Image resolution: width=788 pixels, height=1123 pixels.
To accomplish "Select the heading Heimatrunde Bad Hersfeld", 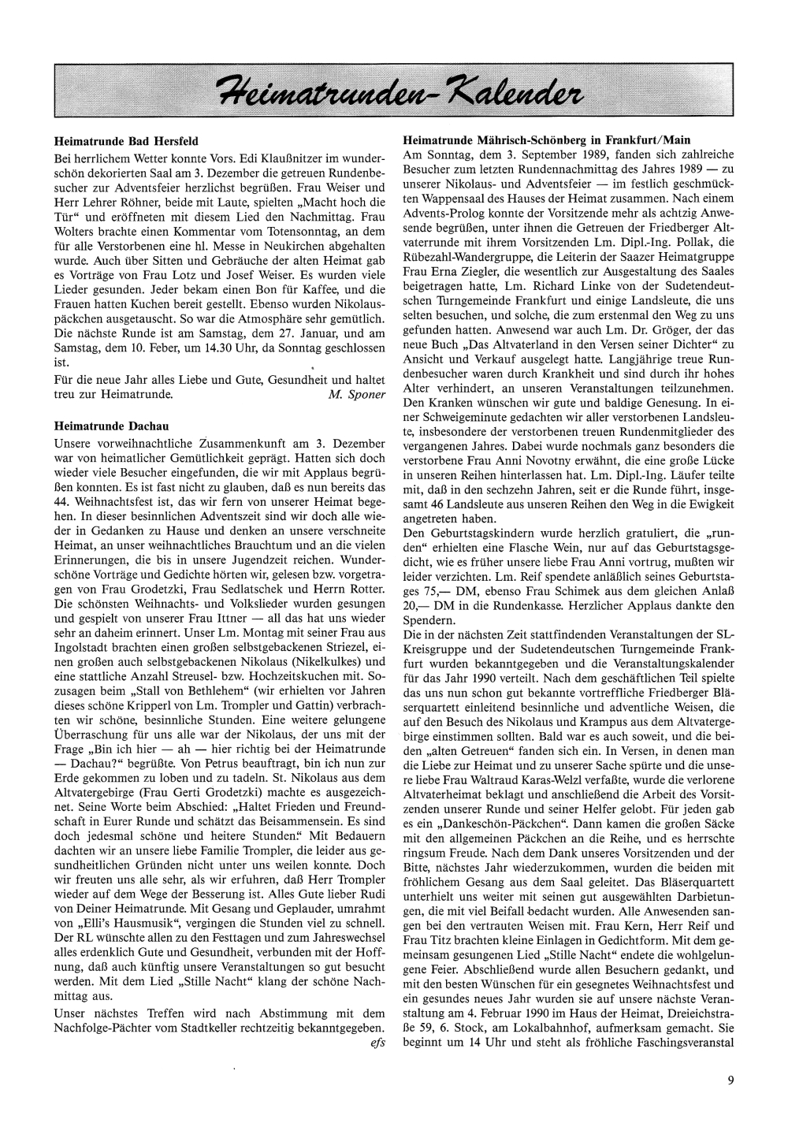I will pos(125,143).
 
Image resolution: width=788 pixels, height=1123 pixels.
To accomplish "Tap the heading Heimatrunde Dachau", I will pos(109,426).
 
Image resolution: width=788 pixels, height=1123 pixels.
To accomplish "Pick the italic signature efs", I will pos(377,1043).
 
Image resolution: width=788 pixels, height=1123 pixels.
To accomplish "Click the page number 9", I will pos(730,1081).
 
